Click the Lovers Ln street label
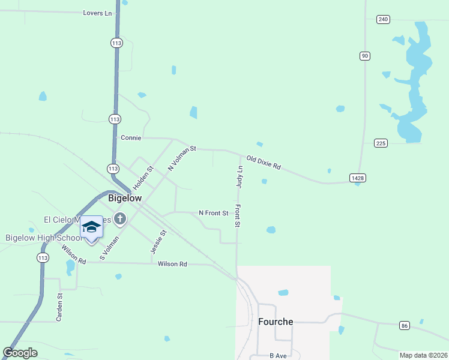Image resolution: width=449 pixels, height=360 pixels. pos(97,12)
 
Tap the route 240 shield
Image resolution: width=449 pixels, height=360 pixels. pos(384,19)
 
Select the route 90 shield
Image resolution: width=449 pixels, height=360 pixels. pos(364,56)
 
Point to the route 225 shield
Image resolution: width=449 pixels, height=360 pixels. pos(381,143)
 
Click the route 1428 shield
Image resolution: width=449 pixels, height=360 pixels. pos(358,178)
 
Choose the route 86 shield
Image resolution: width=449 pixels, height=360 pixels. pos(405,325)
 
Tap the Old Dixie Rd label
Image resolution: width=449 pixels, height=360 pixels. pos(264,162)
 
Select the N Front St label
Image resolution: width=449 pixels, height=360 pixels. pos(214,213)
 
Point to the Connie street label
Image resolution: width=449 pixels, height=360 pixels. pos(131,137)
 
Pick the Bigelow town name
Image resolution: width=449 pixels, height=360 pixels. pos(125,198)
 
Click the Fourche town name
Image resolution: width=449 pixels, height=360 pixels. pos(276,322)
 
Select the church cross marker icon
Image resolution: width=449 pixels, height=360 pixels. pos(120,218)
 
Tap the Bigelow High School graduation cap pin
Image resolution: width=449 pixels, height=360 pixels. pos(91,227)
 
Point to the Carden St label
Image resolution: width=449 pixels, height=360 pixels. pos(59,307)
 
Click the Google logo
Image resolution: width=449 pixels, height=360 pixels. pos(20,353)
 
